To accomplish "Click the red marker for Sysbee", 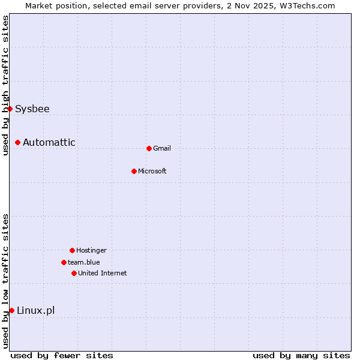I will tap(10, 109).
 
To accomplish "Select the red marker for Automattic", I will tap(18, 142).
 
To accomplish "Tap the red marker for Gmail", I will tap(149, 148).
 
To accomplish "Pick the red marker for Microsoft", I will tap(134, 171).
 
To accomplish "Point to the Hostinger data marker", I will tap(72, 250).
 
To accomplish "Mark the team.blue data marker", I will tap(64, 262).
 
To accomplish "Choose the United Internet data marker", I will tap(74, 273).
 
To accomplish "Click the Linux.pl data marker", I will tap(11, 310).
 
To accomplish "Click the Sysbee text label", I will tap(32, 109).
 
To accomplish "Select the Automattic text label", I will tap(49, 143).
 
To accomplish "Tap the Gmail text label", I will tap(162, 149).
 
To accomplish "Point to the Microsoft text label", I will tap(152, 172).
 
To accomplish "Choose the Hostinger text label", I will tap(91, 251).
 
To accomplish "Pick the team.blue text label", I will tap(84, 263).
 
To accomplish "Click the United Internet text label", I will tap(103, 274).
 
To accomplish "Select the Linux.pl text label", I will tap(35, 311).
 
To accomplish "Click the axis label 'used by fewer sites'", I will tap(62, 355).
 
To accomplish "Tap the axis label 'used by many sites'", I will tap(301, 355).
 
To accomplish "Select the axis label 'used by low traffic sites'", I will tap(5, 281).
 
